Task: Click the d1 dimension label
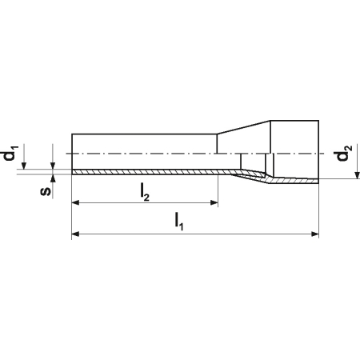10,153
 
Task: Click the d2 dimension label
344,153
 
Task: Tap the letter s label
46,191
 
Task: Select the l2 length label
144,192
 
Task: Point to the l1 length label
179,221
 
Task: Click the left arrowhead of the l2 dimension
76,203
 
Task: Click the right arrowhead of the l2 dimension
214,203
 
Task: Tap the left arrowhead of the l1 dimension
76,234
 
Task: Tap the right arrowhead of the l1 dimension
315,234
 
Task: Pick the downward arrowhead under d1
24,166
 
